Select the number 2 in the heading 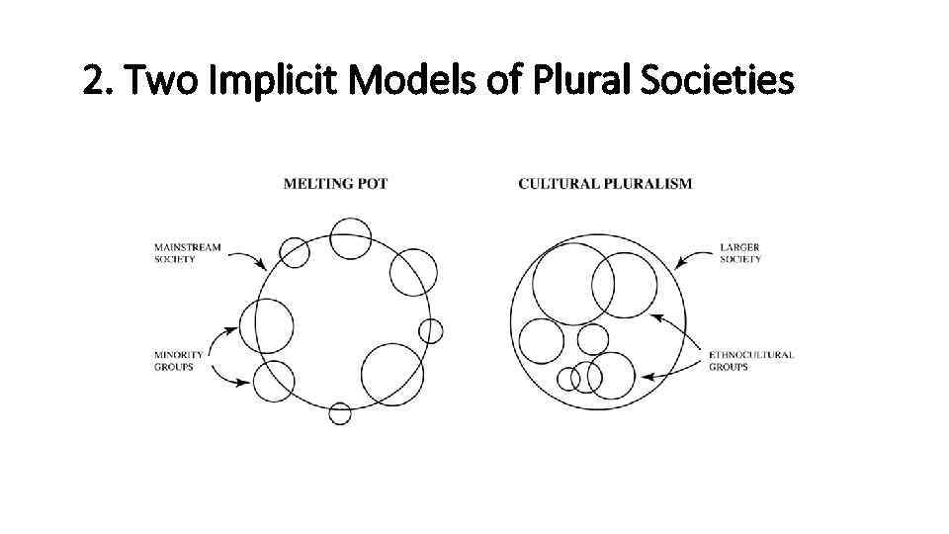93,82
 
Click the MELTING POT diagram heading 335,184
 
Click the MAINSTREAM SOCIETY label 187,253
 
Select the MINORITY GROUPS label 179,361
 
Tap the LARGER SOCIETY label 740,253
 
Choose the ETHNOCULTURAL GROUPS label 751,361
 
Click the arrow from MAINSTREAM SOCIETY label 246,258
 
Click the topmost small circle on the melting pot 350,238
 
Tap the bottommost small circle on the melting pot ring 340,413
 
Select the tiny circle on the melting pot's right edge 430,330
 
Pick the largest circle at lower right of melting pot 392,374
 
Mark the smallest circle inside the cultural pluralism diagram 567,379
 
